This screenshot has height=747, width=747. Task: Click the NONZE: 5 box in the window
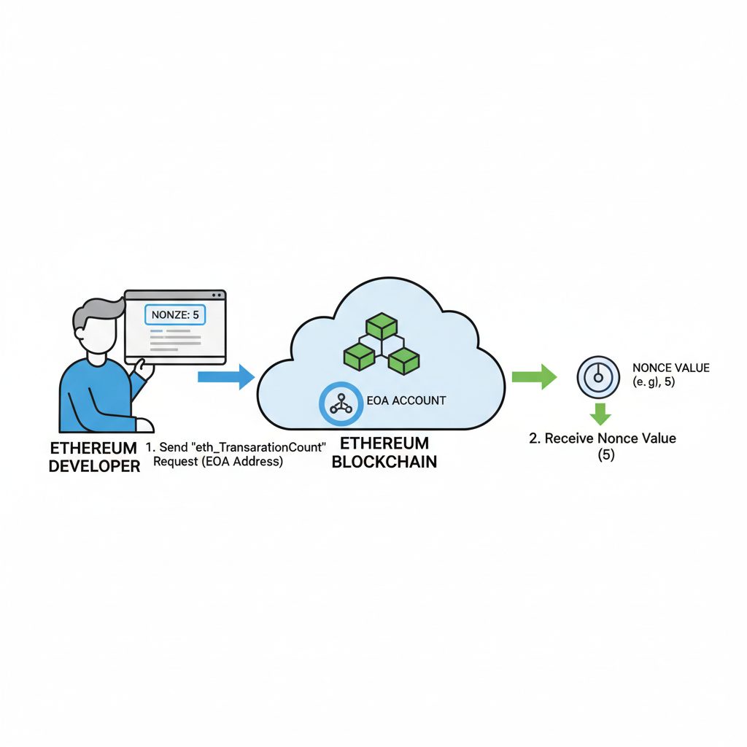tap(175, 314)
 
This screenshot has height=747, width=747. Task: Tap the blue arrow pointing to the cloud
tap(225, 376)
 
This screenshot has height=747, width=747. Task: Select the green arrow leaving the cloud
tap(534, 376)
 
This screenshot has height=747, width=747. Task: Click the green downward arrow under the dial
tap(600, 414)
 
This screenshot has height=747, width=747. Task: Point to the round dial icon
tap(598, 376)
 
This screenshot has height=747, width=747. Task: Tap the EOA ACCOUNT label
tap(406, 400)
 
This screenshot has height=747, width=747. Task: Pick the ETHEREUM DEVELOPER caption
tap(93, 456)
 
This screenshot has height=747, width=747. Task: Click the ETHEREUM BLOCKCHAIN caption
tap(384, 452)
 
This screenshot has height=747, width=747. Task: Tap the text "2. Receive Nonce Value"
tap(602, 438)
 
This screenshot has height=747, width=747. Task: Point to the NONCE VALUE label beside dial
tap(670, 368)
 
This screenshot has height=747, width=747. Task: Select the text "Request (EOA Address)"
tap(218, 462)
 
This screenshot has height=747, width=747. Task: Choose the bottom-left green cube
tap(358, 356)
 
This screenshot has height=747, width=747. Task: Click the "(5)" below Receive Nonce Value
tap(602, 455)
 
